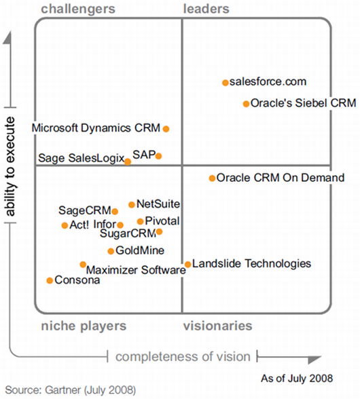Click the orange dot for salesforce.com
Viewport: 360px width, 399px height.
point(226,83)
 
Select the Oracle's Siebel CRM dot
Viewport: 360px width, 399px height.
point(246,104)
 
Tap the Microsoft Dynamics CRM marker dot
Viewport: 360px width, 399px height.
point(166,129)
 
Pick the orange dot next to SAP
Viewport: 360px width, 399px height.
point(158,156)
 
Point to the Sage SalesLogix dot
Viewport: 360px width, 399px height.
point(128,161)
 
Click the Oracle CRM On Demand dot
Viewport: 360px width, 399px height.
point(212,178)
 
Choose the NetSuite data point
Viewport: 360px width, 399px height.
point(132,205)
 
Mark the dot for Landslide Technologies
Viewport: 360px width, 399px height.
point(187,265)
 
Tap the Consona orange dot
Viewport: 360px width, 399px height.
point(50,280)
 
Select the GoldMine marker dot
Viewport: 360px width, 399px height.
point(111,251)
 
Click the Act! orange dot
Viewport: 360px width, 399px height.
point(65,225)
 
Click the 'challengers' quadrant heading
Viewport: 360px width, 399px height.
point(78,9)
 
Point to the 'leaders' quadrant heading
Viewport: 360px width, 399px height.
point(206,9)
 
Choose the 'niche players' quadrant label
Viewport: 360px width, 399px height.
point(84,326)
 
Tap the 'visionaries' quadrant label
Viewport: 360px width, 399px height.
point(218,326)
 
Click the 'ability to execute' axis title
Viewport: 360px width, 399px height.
point(11,166)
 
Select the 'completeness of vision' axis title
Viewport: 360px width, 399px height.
point(183,356)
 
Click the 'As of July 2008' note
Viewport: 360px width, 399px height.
point(297,379)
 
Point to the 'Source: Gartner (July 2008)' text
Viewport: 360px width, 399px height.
point(71,389)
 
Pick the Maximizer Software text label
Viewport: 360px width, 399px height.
point(136,270)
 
